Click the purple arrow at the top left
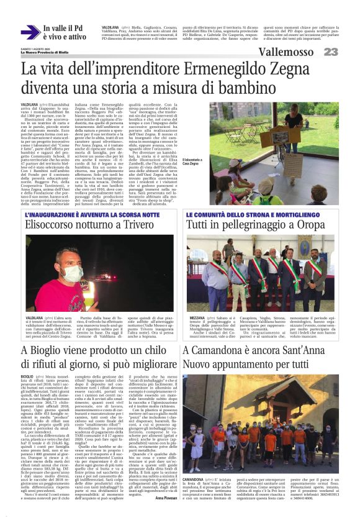[30, 32]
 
